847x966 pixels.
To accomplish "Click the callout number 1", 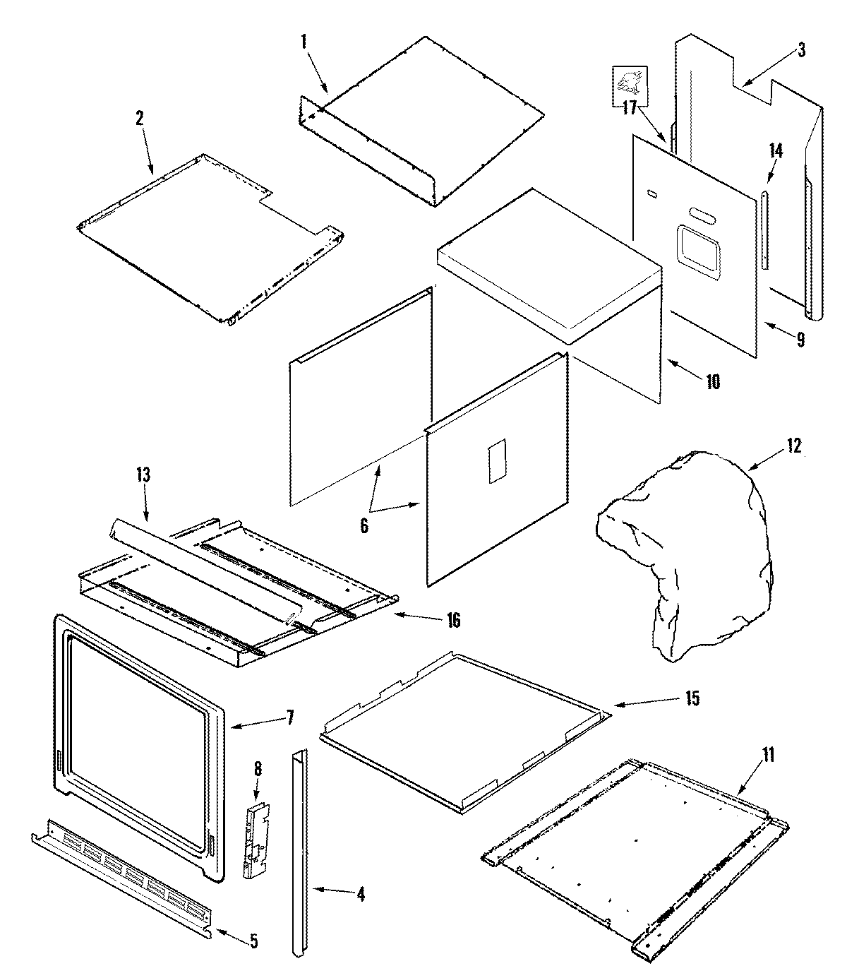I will (304, 41).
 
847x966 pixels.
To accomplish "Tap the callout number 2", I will (139, 118).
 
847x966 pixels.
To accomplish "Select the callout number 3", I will (802, 50).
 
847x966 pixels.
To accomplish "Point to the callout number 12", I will (793, 447).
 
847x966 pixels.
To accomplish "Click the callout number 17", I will (630, 108).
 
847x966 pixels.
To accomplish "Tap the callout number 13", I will (143, 475).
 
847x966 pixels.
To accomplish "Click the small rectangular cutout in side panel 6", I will (497, 460).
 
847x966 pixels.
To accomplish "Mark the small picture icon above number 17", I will (628, 83).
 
